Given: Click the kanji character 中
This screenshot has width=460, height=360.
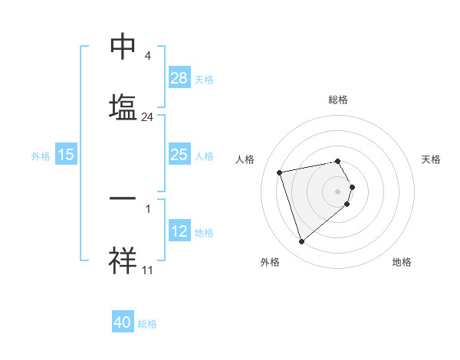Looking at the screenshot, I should click(123, 47).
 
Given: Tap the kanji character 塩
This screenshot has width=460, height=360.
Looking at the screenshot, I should click(123, 106).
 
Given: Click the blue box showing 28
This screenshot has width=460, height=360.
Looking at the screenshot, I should click(179, 78).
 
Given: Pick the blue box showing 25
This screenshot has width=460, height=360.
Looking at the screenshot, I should click(179, 155).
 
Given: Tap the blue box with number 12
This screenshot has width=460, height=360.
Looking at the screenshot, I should click(179, 231).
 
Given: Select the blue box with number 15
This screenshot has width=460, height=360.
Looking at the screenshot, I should click(66, 155).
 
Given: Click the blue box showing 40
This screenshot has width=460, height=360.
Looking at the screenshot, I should click(123, 322).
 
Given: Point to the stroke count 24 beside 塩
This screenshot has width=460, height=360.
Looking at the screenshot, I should click(148, 117).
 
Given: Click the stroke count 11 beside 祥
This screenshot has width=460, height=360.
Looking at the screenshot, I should click(148, 270).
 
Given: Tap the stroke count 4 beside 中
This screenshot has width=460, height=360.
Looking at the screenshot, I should click(147, 56).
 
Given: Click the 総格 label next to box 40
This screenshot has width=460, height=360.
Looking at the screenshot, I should click(147, 324).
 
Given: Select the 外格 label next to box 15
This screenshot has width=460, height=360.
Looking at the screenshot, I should click(41, 155).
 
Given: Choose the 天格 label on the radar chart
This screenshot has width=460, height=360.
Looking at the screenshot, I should click(431, 159).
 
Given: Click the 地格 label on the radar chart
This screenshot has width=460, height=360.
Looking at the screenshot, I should click(402, 262).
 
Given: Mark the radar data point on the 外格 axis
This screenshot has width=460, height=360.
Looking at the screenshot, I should click(302, 242).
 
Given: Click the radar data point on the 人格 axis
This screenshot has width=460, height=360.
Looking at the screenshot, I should click(280, 172).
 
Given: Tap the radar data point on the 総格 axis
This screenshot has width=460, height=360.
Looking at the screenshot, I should click(338, 161).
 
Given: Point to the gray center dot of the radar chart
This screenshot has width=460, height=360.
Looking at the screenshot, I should click(338, 190).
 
